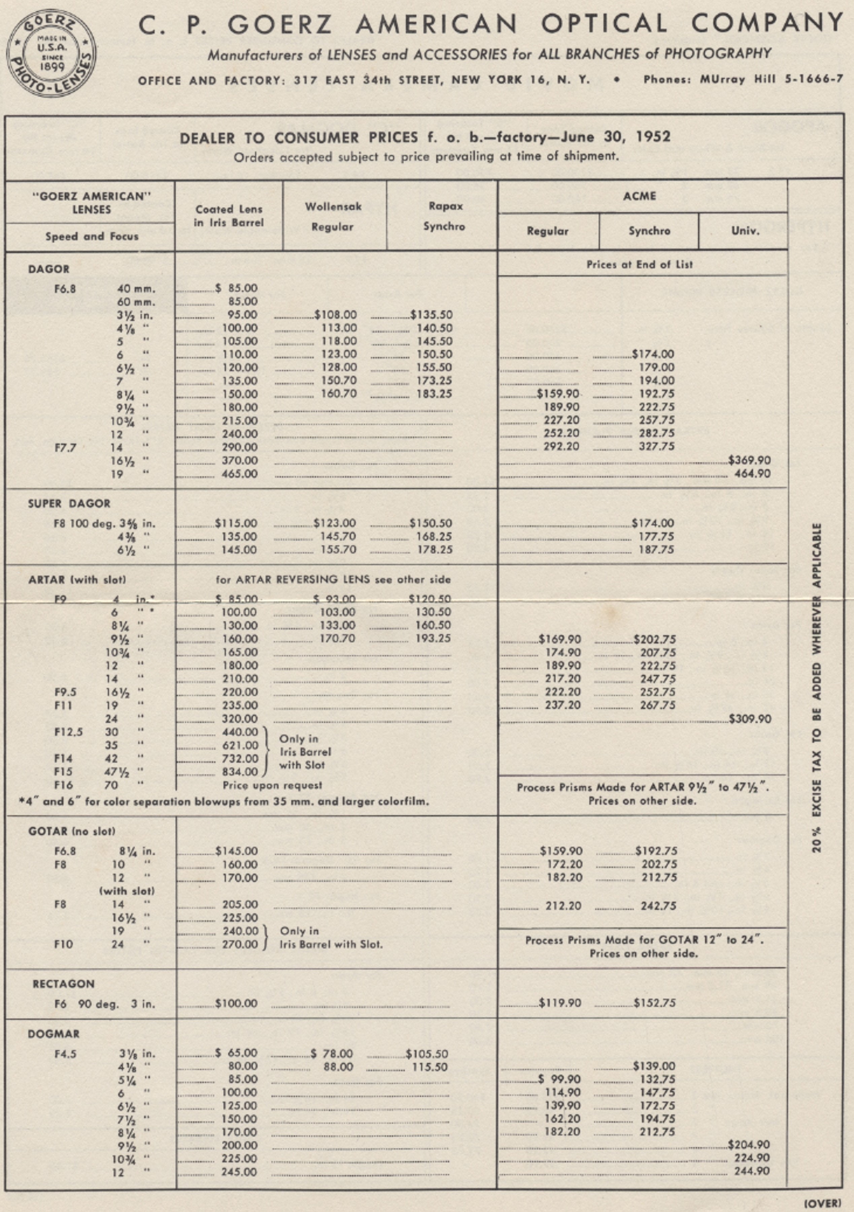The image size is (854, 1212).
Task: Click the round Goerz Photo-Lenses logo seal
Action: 51,53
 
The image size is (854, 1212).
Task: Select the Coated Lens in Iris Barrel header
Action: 229,215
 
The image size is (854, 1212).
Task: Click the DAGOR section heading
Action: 48,269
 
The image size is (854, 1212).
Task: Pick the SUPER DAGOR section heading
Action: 69,504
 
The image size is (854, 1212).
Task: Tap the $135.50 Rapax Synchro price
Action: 431,315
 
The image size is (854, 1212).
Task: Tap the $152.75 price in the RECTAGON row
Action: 654,1003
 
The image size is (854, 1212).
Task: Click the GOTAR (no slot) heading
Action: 71,831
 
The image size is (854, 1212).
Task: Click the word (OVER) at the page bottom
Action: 822,1203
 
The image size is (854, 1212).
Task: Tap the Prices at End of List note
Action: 640,265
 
